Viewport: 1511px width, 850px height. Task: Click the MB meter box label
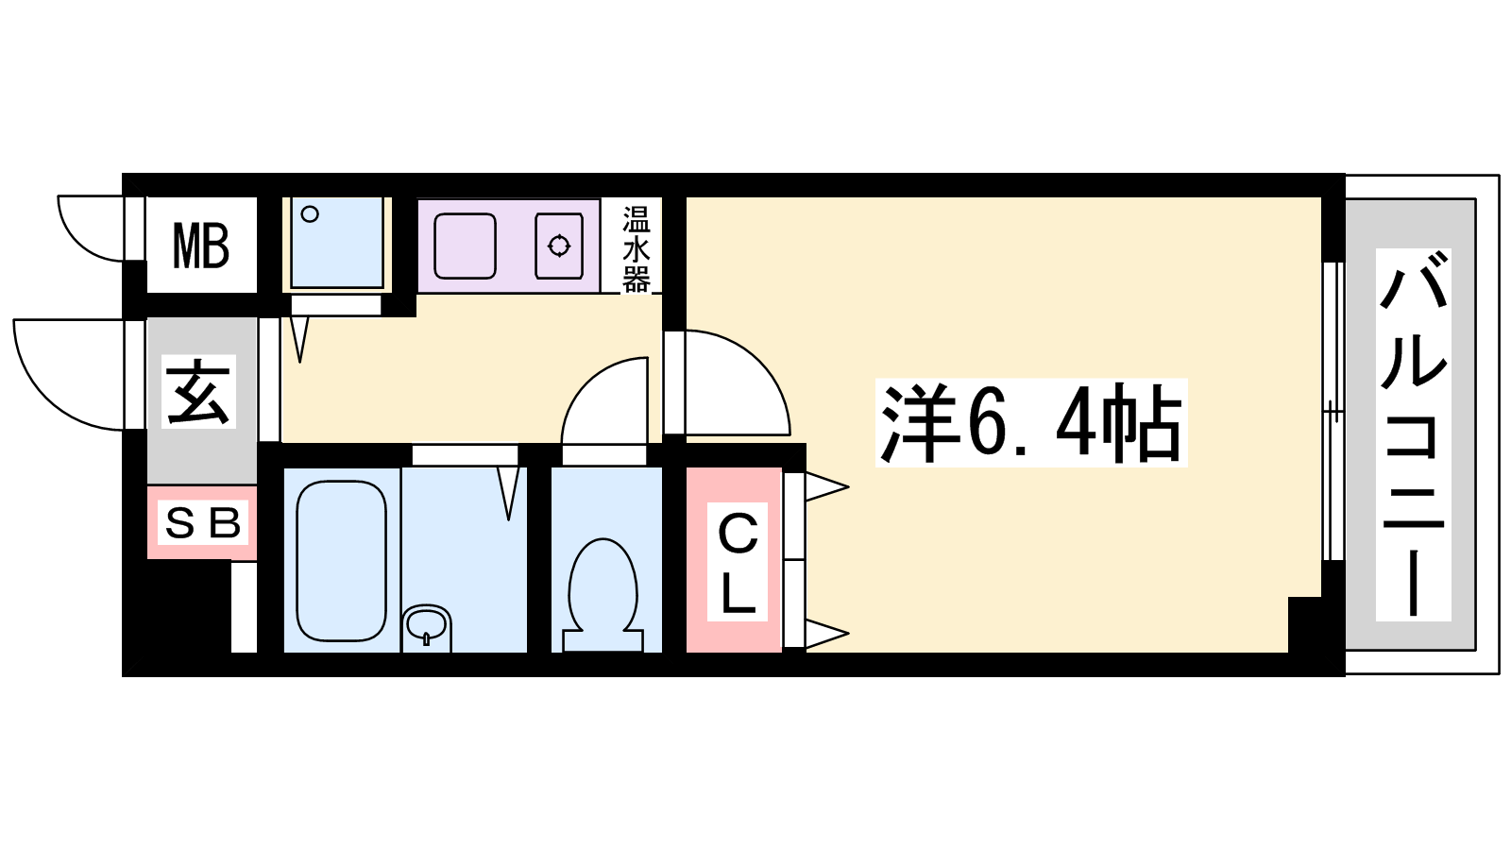click(x=201, y=246)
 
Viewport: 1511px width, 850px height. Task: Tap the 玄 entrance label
click(x=199, y=392)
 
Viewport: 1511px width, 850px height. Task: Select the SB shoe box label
click(x=203, y=523)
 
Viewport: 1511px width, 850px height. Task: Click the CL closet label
click(x=738, y=562)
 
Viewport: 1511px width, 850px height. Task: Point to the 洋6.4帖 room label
click(x=1030, y=423)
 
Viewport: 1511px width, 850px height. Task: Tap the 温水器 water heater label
click(x=637, y=249)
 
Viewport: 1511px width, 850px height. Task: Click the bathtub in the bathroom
click(x=341, y=561)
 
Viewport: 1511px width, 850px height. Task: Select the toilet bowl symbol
click(x=603, y=595)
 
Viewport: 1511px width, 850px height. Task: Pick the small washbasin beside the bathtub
click(x=426, y=624)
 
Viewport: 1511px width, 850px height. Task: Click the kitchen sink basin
click(x=465, y=246)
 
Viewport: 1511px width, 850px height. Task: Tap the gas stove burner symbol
click(x=559, y=246)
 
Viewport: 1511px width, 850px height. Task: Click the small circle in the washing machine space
click(x=310, y=214)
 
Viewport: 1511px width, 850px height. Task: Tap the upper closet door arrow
click(x=826, y=486)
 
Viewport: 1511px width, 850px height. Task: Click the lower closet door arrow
click(x=826, y=634)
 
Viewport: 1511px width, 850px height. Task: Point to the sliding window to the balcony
click(x=1333, y=412)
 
